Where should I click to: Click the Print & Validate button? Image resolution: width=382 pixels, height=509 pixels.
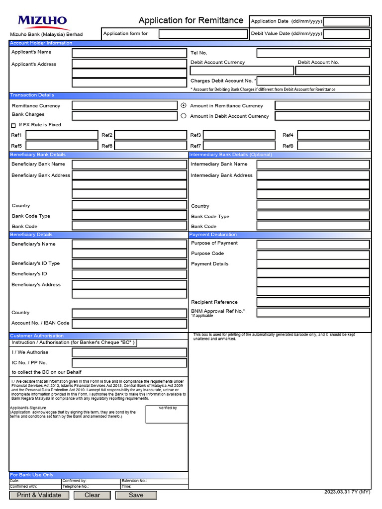(39, 495)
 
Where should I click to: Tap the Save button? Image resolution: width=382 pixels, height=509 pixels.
(136, 495)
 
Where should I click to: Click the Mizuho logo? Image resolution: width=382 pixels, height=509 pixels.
(42, 21)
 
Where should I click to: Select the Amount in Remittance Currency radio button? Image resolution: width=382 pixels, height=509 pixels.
(184, 105)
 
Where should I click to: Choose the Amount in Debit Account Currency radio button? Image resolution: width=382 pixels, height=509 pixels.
(184, 116)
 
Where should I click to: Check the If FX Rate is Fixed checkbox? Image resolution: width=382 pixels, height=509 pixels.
(13, 125)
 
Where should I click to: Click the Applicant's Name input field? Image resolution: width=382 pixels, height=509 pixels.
(129, 53)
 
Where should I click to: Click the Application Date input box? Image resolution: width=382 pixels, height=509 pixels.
(346, 21)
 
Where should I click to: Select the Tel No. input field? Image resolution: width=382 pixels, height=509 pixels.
(313, 53)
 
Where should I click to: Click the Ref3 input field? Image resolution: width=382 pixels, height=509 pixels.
(239, 135)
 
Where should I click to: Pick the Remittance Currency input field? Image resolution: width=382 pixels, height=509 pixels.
(124, 105)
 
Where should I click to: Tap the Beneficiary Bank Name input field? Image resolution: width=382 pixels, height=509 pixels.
(129, 164)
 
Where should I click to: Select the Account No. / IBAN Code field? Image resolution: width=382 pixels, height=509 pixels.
(129, 323)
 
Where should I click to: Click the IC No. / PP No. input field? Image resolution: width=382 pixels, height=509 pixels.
(129, 363)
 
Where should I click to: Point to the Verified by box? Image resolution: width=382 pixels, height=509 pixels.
(167, 415)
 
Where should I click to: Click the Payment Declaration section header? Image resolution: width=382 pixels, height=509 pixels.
(280, 235)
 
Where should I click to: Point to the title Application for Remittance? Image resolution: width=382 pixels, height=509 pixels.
(191, 20)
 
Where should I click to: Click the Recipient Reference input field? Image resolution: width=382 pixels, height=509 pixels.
(313, 302)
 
